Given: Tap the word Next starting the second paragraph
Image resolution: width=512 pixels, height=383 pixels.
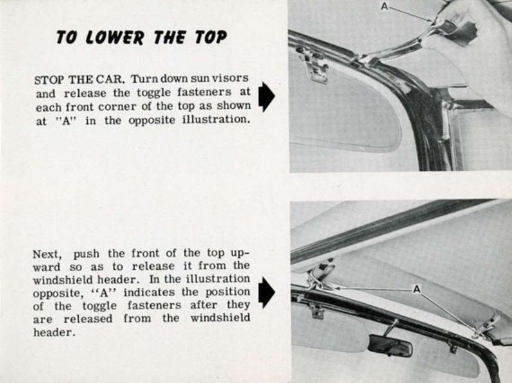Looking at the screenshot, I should click(46, 254).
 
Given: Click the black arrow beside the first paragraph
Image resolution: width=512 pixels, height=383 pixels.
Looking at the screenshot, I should click(266, 97).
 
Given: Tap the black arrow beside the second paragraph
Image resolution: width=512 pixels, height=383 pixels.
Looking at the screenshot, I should click(266, 293).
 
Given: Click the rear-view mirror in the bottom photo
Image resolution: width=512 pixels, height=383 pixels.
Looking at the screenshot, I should click(389, 345).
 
